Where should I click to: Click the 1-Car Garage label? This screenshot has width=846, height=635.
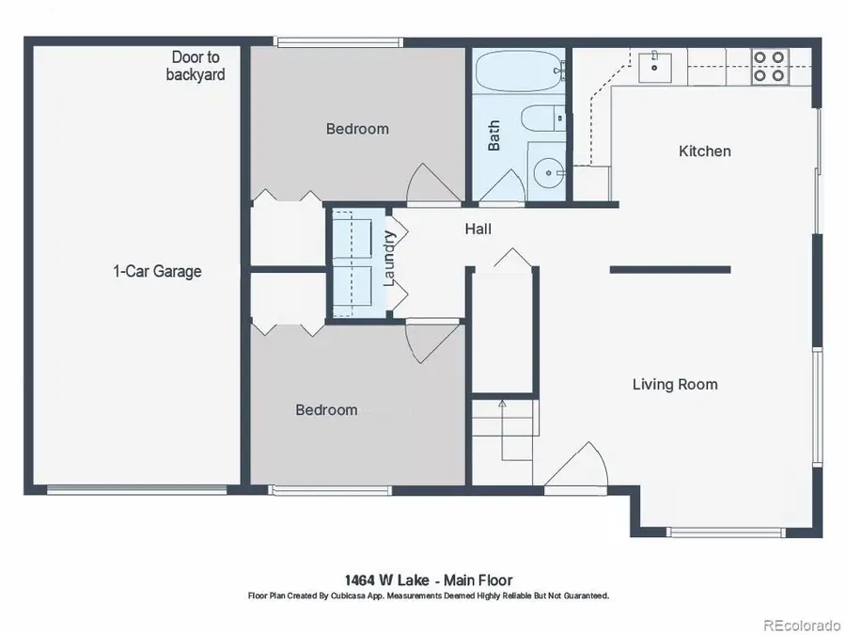click(157, 272)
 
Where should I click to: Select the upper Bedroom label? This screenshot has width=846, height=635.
click(357, 129)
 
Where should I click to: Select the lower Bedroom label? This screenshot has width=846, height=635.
click(326, 409)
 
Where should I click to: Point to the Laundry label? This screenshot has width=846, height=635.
click(390, 260)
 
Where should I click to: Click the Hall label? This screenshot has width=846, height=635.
click(478, 229)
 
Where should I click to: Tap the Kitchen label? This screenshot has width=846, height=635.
click(704, 151)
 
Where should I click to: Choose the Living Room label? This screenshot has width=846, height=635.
click(674, 384)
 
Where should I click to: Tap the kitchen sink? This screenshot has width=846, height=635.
click(655, 66)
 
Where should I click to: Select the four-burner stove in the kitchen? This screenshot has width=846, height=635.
click(769, 67)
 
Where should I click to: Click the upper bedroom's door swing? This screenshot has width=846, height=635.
click(430, 183)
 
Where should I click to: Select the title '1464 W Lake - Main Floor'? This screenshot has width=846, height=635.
click(428, 580)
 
